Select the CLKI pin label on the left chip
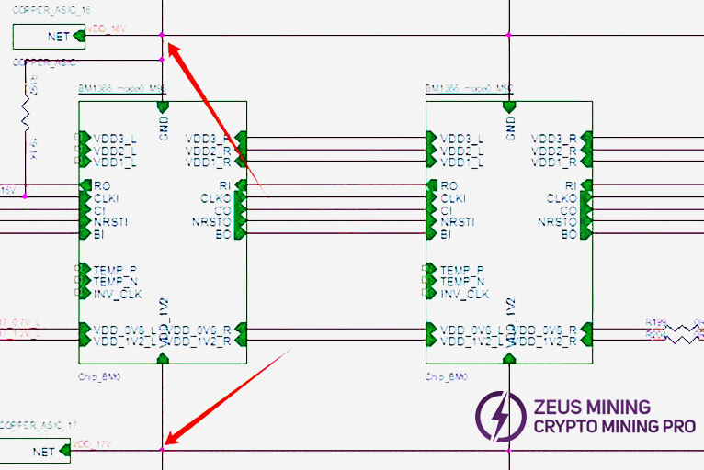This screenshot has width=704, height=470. pos(108,197)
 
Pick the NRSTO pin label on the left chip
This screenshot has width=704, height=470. pos(212,222)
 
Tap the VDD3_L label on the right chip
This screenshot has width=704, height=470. pos(461,139)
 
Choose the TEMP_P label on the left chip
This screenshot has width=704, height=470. pos(115,270)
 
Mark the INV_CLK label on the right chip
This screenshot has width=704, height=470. pos(464,294)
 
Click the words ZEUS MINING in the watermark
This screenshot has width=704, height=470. pos(592,406)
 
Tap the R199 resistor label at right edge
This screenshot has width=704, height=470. pos(655,322)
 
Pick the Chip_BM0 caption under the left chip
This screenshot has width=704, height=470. pos(99,376)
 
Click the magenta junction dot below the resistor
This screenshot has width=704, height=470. pos(25,196)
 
